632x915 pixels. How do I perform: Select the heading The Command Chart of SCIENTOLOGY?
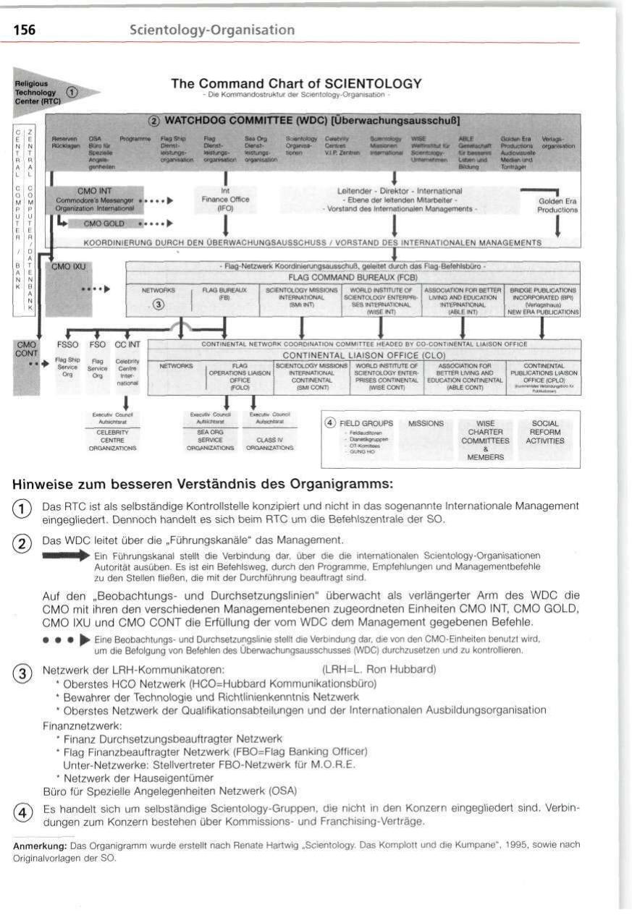(296, 84)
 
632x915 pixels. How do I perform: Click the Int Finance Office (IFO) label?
(225, 200)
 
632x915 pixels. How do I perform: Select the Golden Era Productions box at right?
(557, 205)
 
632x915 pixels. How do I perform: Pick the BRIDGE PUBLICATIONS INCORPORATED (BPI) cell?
(544, 299)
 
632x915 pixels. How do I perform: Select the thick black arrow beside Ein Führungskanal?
(67, 556)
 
